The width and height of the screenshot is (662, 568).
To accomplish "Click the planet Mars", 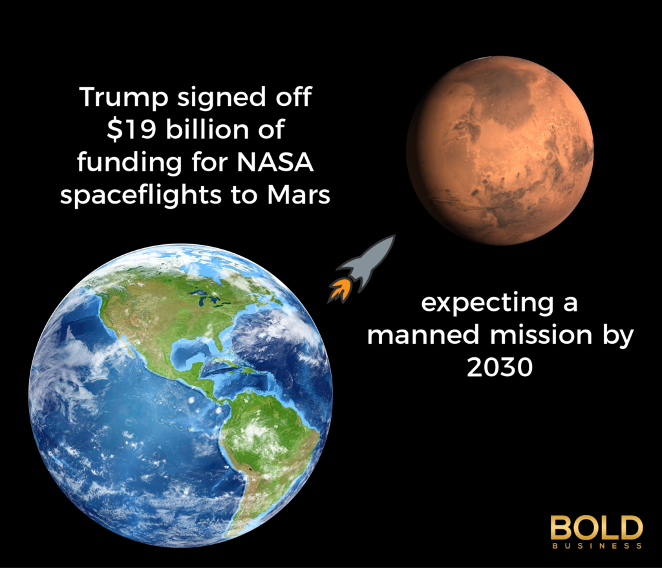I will click(x=499, y=150).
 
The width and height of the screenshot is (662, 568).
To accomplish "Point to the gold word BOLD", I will click(x=596, y=528).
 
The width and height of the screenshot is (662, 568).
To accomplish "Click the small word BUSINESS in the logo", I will click(x=596, y=546).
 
